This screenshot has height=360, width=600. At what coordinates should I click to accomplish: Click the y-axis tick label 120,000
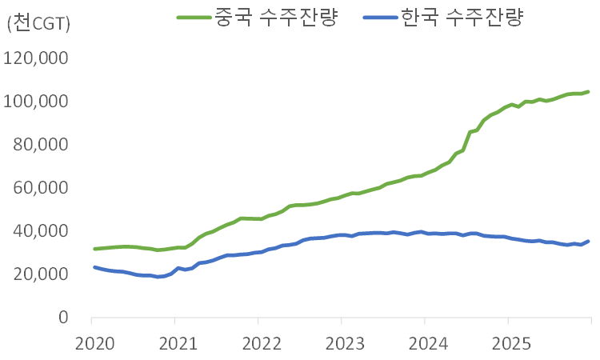(x=37, y=58)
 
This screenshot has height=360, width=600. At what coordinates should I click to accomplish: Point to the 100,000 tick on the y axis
(x=37, y=102)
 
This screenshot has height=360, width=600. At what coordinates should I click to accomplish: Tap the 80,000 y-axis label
(x=41, y=145)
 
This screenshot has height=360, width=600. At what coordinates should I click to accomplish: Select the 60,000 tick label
(x=41, y=188)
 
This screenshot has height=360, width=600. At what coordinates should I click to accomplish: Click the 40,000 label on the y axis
(x=41, y=231)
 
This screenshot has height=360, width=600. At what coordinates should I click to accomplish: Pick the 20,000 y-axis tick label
(x=41, y=274)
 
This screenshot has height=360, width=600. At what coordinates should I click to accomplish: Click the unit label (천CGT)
(x=38, y=24)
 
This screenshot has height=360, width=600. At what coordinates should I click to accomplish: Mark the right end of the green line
(x=589, y=92)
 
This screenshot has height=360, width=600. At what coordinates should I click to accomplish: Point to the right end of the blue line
(x=589, y=241)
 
